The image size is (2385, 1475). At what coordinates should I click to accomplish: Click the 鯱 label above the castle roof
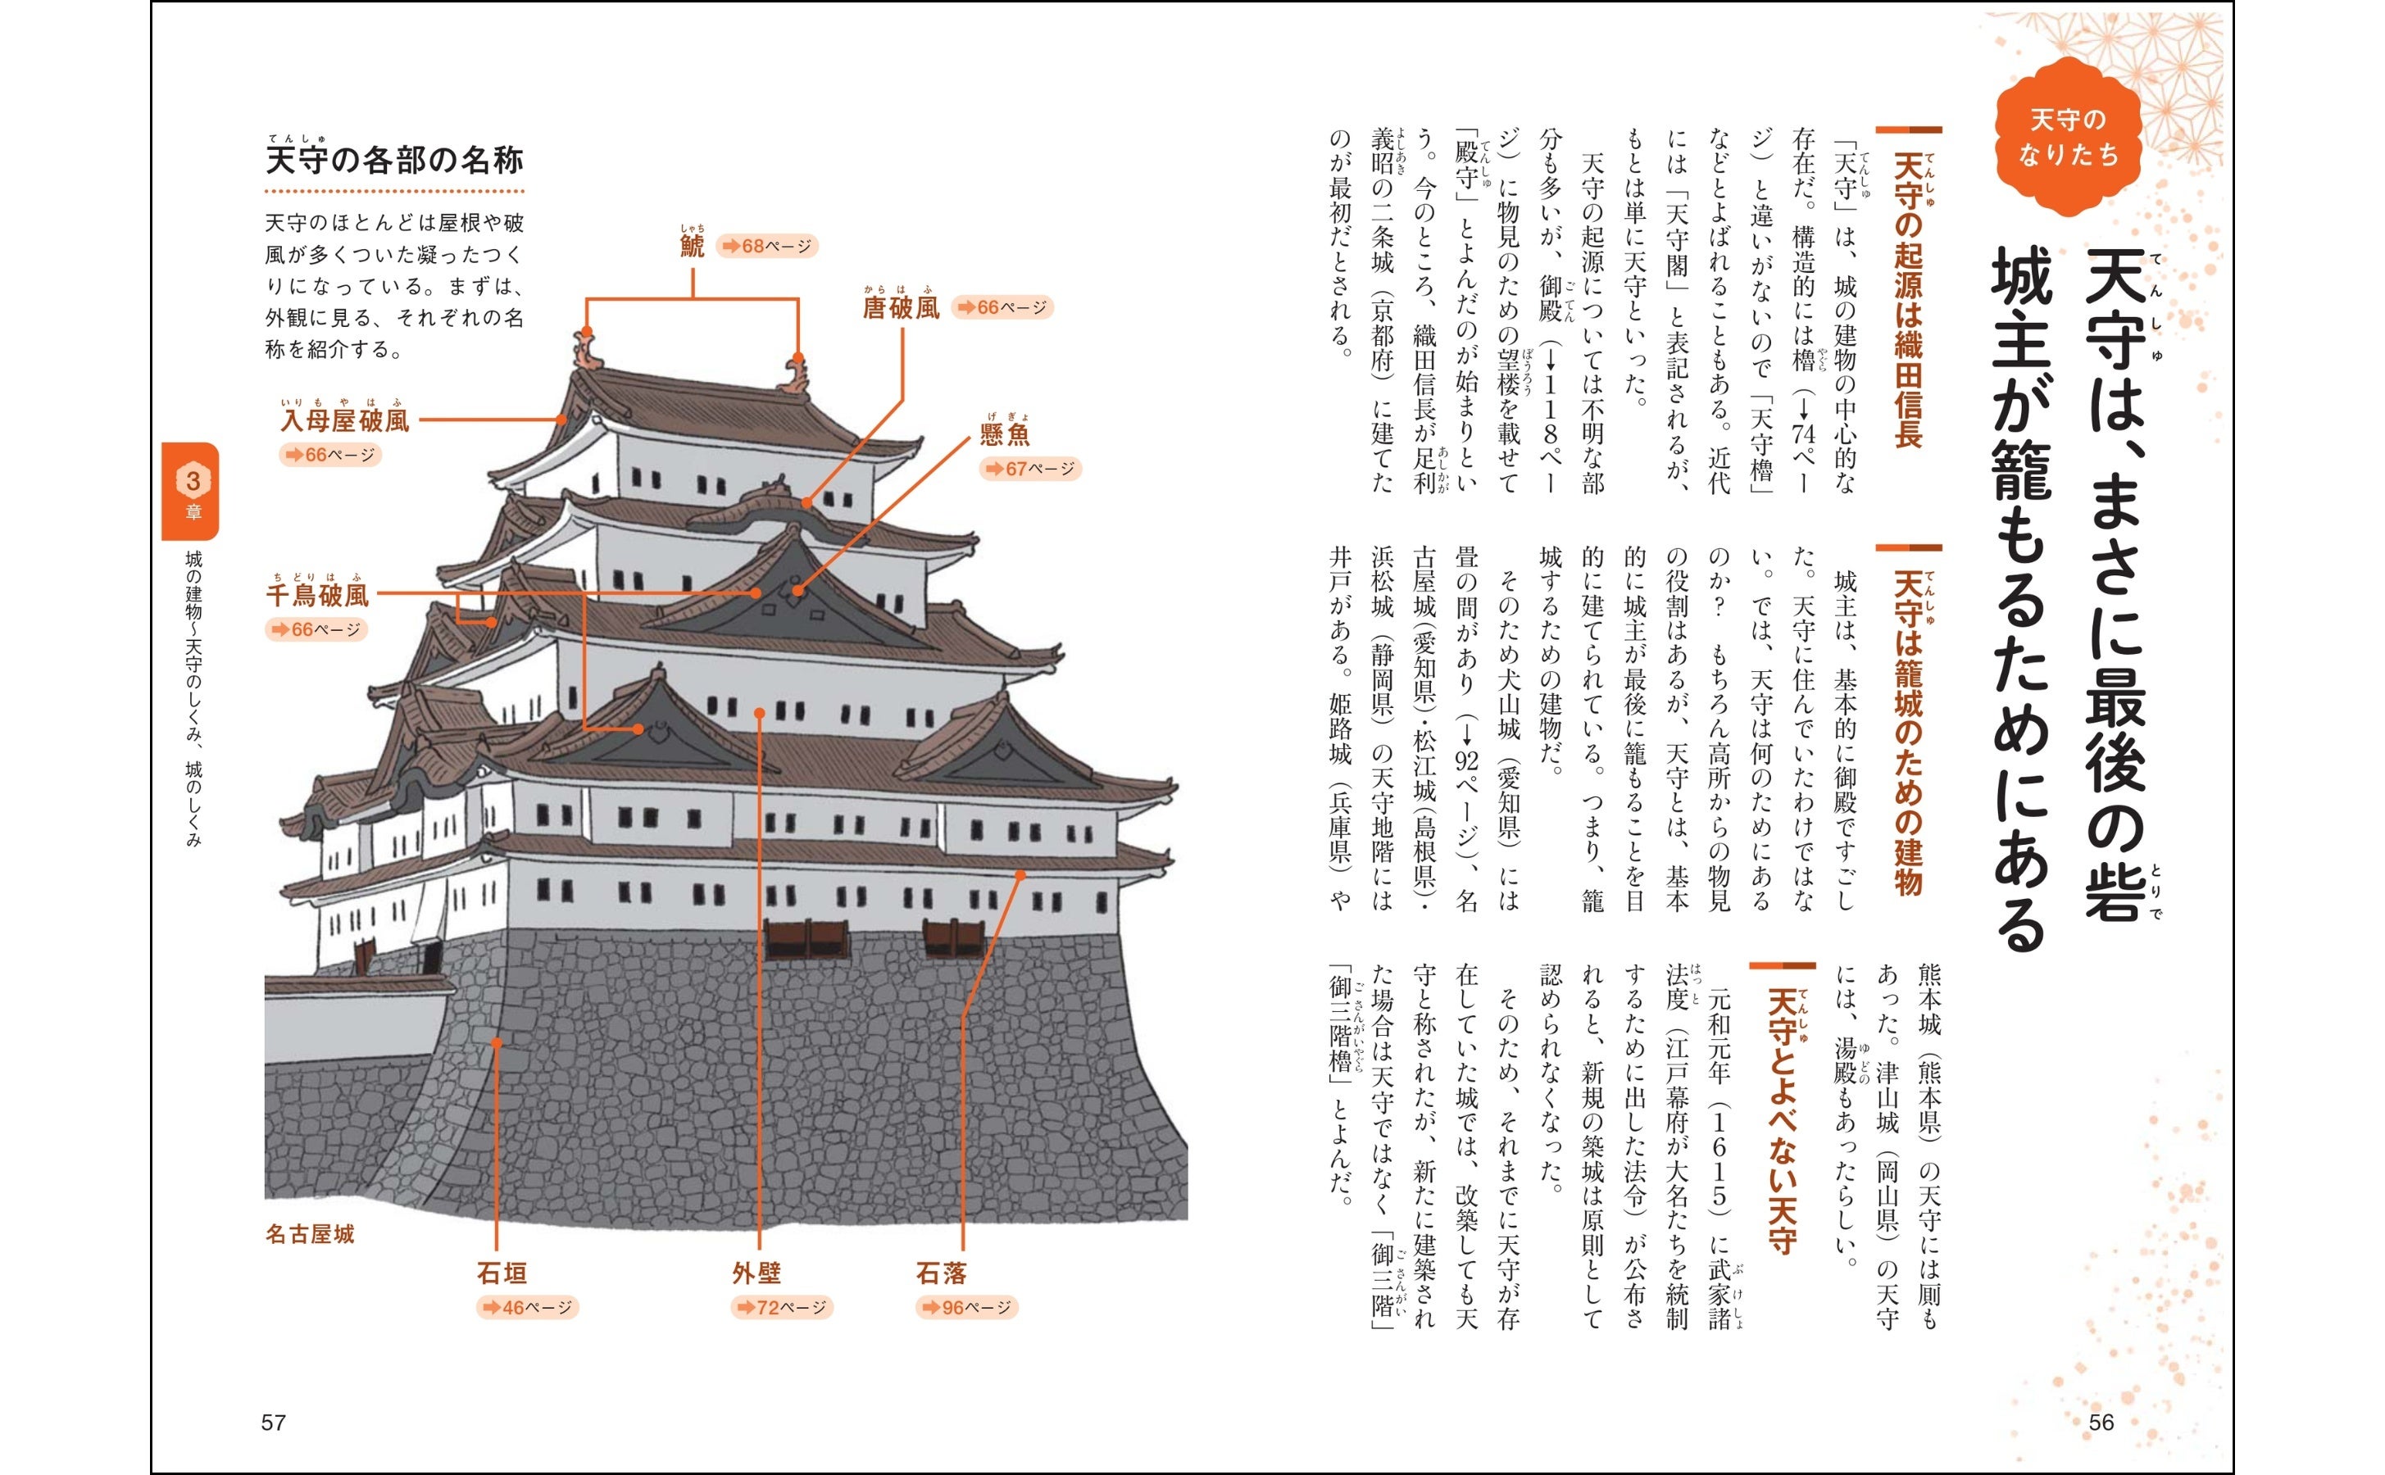click(x=692, y=245)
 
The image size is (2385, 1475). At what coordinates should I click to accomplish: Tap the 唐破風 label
click(x=901, y=308)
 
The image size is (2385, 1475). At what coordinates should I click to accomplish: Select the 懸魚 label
click(x=1005, y=434)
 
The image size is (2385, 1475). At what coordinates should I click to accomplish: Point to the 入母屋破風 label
click(x=345, y=420)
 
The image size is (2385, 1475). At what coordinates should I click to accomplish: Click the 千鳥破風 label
click(x=318, y=595)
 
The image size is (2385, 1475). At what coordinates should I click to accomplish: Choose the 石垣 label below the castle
click(x=502, y=1273)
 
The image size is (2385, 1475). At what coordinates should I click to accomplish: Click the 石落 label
click(x=940, y=1273)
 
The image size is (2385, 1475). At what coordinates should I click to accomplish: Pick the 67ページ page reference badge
click(x=1030, y=470)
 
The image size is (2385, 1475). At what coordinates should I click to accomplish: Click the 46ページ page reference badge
click(x=528, y=1307)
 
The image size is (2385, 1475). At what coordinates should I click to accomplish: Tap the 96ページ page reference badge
click(x=966, y=1307)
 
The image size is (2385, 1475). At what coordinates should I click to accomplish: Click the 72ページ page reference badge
click(x=783, y=1307)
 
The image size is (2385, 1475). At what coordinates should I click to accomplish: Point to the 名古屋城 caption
click(x=309, y=1234)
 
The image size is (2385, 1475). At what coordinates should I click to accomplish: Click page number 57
click(x=273, y=1423)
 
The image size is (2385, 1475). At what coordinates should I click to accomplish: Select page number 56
click(x=2101, y=1423)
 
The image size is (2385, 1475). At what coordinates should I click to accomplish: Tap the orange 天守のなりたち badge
click(x=2068, y=137)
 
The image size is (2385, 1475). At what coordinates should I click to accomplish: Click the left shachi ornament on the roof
click(x=587, y=349)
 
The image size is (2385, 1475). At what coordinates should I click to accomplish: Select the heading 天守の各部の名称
click(x=394, y=160)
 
